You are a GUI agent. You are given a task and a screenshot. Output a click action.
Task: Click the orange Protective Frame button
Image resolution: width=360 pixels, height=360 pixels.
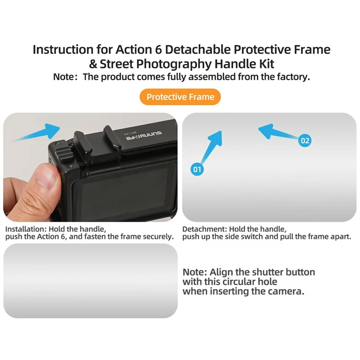tap(180, 97)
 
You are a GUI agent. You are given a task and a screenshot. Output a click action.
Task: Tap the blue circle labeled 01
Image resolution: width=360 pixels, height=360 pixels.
tap(197, 170)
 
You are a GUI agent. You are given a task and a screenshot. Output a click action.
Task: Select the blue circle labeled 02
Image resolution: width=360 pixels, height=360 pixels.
tap(305, 141)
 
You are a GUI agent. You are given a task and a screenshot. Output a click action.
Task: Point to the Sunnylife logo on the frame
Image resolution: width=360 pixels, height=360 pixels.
tap(144, 133)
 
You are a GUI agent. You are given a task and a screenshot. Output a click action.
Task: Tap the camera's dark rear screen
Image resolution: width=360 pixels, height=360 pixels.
tap(126, 189)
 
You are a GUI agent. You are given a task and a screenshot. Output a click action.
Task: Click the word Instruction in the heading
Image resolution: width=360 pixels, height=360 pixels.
tap(59, 49)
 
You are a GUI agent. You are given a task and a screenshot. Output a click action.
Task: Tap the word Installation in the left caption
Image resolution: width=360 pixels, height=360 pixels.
tap(25, 229)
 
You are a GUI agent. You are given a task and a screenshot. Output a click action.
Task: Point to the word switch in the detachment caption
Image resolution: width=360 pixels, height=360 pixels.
tap(265, 237)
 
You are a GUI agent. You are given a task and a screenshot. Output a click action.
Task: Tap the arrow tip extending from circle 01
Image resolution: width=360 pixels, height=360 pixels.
tap(220, 133)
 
